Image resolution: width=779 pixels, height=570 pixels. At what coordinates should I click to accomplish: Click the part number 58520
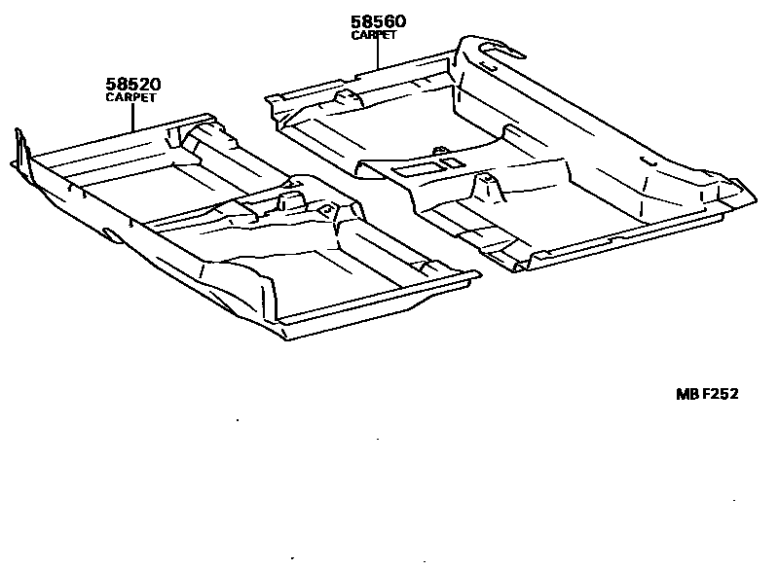point(132,86)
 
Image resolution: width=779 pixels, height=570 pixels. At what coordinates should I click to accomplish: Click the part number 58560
point(379,21)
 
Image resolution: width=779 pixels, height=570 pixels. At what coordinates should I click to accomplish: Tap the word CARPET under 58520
point(130,98)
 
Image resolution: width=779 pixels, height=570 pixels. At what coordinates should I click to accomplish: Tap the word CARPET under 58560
point(374,35)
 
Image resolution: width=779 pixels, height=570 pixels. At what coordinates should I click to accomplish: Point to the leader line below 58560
point(379,53)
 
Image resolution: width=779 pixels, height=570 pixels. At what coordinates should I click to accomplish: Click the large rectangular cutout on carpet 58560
point(415,169)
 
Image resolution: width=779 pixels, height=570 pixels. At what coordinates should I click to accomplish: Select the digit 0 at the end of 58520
point(152,86)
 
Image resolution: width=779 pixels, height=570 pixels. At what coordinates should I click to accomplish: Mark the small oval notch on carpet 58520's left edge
point(109,234)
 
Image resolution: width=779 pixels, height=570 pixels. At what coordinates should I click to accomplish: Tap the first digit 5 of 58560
point(357,21)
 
